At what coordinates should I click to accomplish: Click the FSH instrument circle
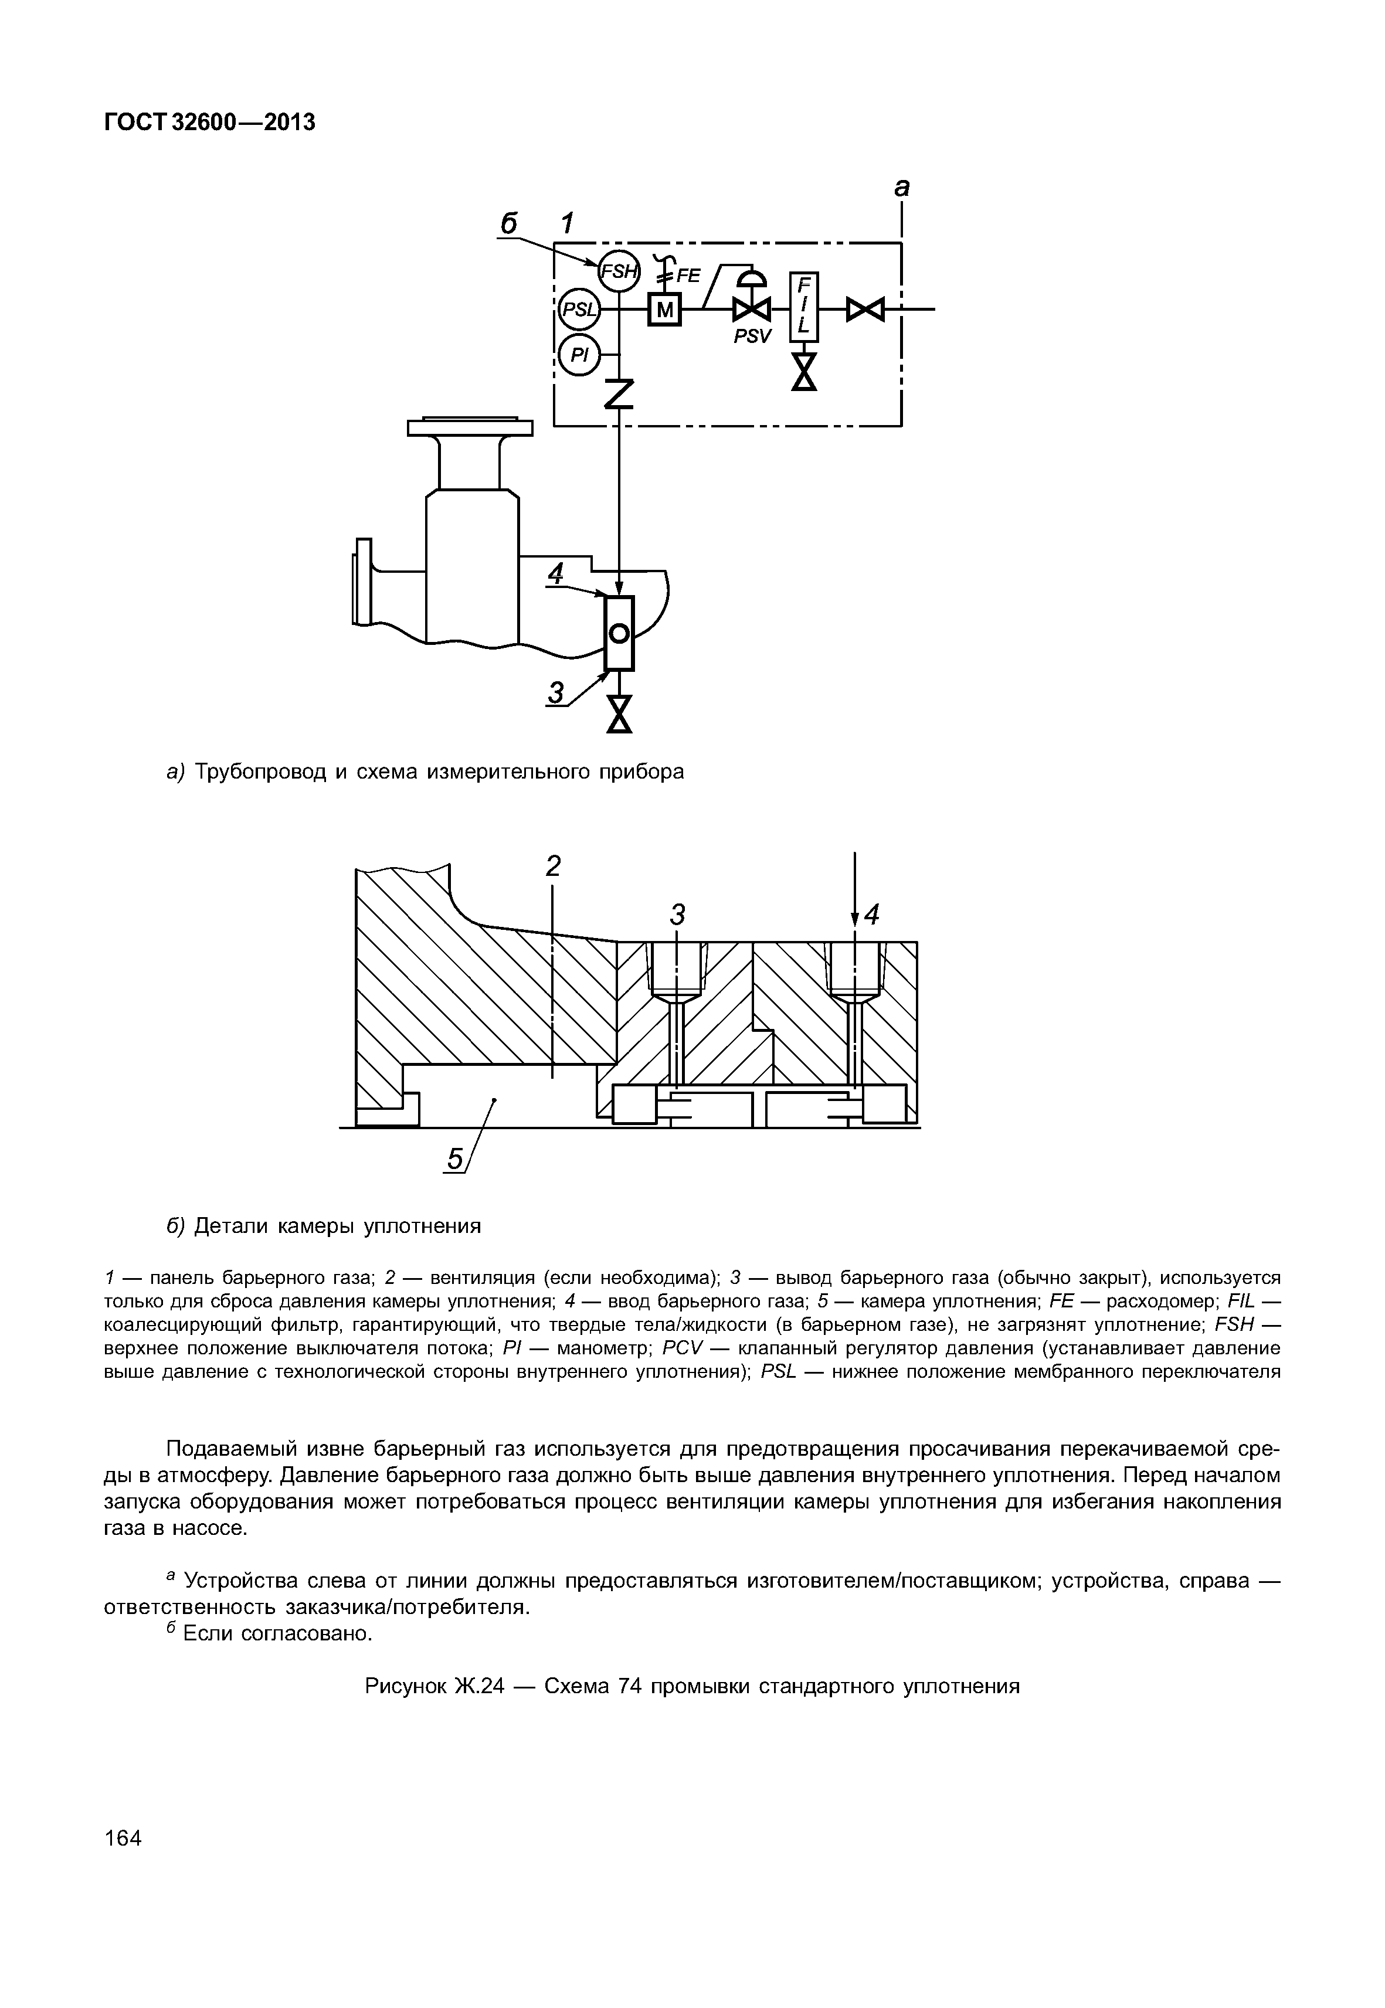coord(618,271)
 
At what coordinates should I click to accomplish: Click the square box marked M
coord(665,309)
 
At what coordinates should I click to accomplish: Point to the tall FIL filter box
coord(803,307)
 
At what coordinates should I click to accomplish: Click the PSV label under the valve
coord(752,337)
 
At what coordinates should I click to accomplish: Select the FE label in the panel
coord(688,276)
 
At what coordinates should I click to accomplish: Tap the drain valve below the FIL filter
coord(804,373)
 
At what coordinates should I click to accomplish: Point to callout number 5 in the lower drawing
coord(454,1158)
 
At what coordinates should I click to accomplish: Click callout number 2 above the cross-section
coord(553,866)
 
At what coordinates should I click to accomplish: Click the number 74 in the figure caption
coord(630,1686)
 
